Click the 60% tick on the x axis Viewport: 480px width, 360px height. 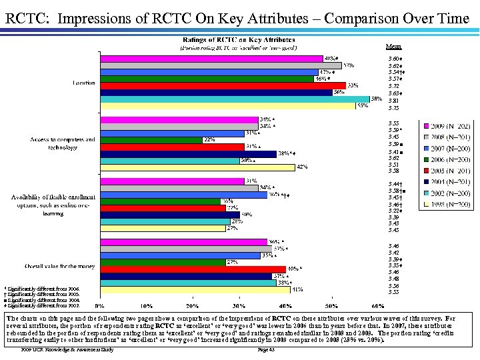tap(378, 305)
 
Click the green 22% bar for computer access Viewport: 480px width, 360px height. tap(150, 140)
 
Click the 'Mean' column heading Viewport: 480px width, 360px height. tap(394, 47)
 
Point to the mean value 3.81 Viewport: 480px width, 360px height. tap(393, 101)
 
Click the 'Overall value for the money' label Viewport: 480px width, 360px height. tap(59, 266)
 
